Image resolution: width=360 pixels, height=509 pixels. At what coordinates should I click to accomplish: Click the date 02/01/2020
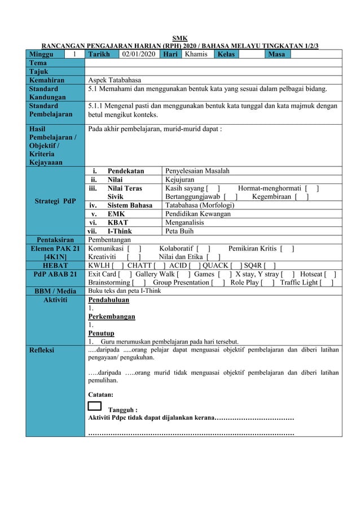(138, 54)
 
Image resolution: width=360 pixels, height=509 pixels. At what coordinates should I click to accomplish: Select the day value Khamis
(196, 54)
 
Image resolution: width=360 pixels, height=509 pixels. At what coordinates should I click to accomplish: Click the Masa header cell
(276, 54)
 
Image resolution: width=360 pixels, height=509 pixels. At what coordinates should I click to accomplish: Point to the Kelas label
(224, 54)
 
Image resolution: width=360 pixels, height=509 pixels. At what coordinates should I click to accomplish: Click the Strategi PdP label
(54, 200)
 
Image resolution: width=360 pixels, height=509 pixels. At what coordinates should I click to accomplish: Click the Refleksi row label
(43, 350)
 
